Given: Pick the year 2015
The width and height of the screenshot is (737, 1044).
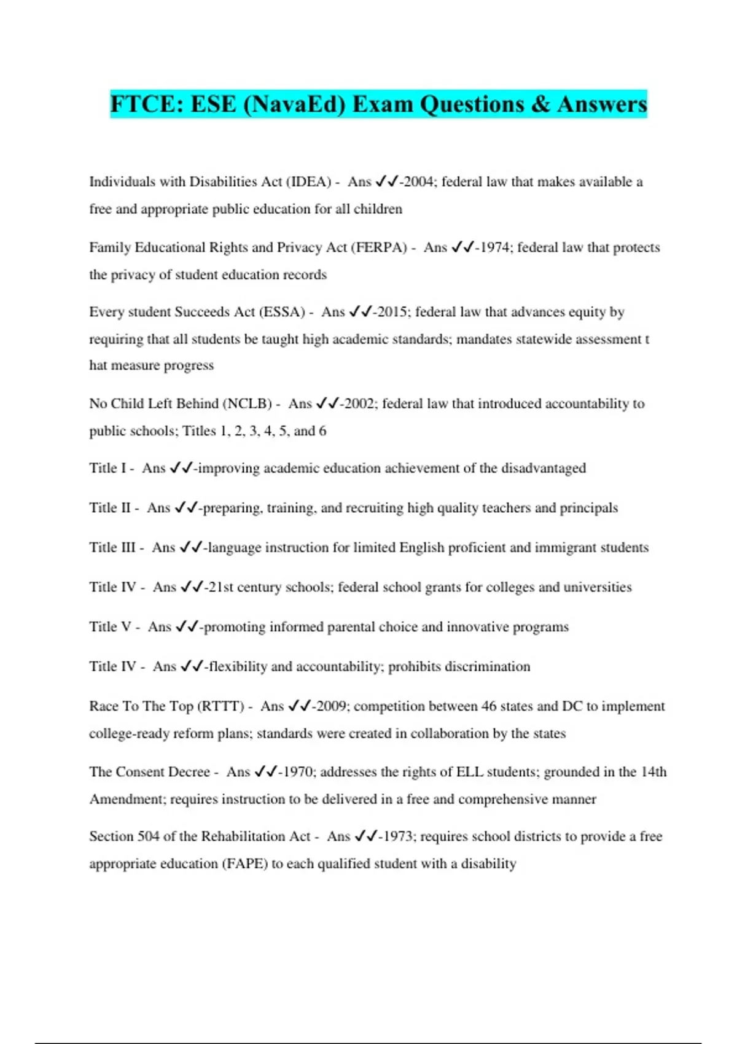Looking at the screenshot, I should tap(392, 312).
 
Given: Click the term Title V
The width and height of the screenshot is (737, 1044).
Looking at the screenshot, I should tap(111, 627).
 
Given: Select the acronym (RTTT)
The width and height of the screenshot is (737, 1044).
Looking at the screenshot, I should tap(220, 706).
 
